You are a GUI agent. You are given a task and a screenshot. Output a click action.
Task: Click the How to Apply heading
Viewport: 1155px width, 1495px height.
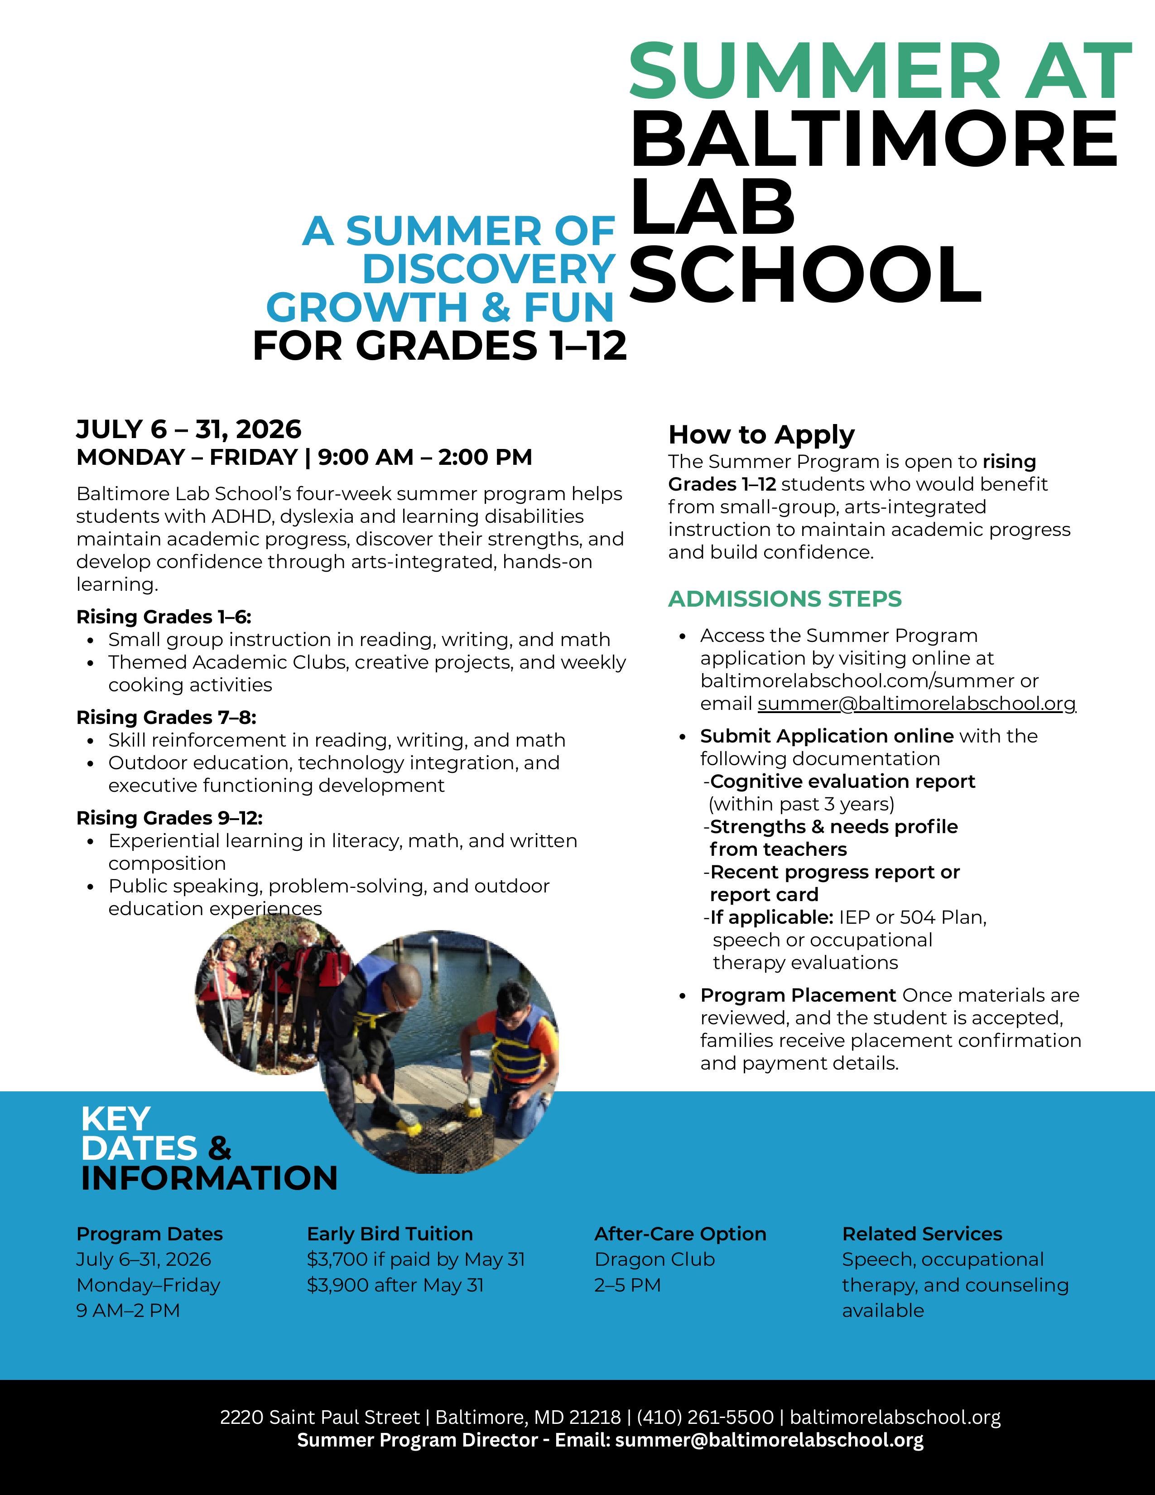click(761, 434)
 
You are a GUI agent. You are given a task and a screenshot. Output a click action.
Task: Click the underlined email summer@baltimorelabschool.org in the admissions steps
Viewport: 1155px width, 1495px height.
click(916, 704)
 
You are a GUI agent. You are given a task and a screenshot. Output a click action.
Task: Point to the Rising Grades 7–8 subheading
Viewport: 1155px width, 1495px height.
click(166, 718)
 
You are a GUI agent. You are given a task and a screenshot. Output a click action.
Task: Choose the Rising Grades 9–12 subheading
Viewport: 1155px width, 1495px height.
click(169, 818)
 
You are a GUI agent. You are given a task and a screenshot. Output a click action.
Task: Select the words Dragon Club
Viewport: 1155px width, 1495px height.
click(654, 1259)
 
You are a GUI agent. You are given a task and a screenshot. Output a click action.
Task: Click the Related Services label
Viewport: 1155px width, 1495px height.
click(922, 1234)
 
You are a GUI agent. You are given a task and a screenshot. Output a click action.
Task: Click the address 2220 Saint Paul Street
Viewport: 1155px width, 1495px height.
click(319, 1417)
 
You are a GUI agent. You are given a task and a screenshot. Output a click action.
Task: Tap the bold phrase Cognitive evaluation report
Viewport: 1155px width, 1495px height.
click(842, 782)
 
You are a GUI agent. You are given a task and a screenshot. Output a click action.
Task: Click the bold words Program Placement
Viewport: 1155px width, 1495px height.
click(798, 995)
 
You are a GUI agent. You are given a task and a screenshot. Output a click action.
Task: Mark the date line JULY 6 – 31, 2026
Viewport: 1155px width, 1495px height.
click(188, 429)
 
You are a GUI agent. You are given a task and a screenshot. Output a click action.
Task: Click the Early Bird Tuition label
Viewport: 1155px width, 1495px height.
click(390, 1234)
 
